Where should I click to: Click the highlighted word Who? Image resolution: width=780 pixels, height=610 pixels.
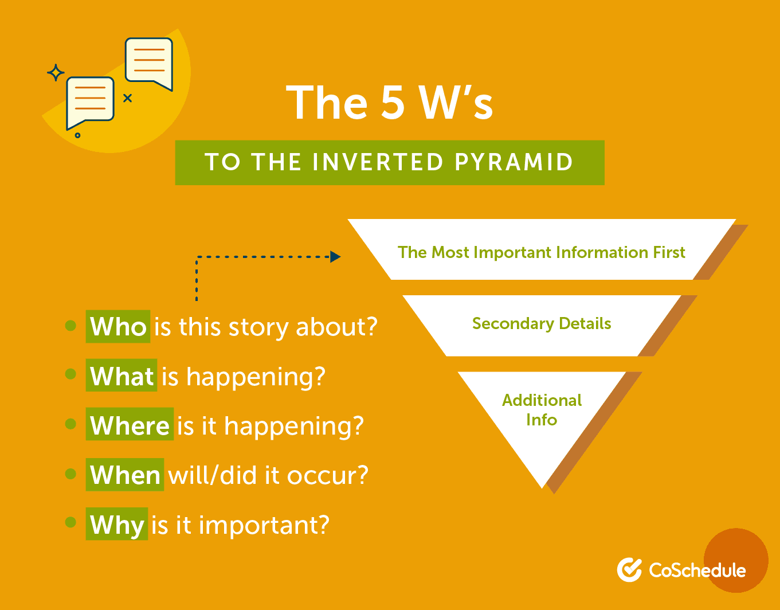pyautogui.click(x=117, y=326)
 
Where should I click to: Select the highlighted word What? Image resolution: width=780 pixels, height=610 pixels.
pyautogui.click(x=121, y=376)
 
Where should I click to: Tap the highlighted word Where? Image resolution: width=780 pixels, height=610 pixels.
pyautogui.click(x=130, y=425)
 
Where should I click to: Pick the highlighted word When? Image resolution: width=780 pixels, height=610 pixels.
pyautogui.click(x=125, y=475)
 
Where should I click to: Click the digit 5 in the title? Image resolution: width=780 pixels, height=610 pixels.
pyautogui.click(x=393, y=103)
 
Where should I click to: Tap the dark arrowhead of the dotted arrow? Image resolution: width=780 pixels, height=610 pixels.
pyautogui.click(x=335, y=257)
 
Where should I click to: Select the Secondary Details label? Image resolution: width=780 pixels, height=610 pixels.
pyautogui.click(x=541, y=323)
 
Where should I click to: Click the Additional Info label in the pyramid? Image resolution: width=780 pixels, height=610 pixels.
pyautogui.click(x=542, y=410)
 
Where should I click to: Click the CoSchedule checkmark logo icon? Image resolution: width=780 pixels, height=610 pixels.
pyautogui.click(x=629, y=569)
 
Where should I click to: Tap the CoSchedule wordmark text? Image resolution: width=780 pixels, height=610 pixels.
pyautogui.click(x=697, y=570)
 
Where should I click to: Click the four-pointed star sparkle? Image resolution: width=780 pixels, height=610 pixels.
pyautogui.click(x=56, y=73)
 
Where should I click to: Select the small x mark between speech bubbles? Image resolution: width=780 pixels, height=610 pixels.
pyautogui.click(x=127, y=98)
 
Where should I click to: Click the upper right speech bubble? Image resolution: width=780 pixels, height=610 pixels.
pyautogui.click(x=149, y=64)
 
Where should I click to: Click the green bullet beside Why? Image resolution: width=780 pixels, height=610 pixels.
pyautogui.click(x=70, y=522)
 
